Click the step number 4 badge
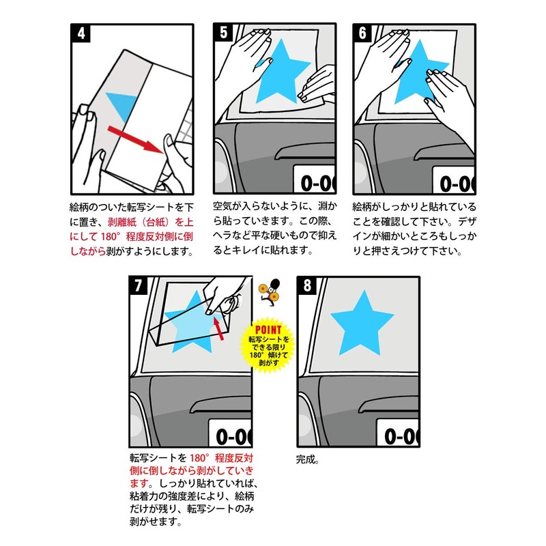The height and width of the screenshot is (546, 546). click(x=81, y=33)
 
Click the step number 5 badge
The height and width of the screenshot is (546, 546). click(x=223, y=33)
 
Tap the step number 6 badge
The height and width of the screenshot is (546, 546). click(x=362, y=33)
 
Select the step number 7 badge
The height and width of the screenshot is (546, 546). click(x=139, y=285)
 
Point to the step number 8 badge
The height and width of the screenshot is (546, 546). click(x=306, y=285)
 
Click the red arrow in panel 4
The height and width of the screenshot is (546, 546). click(x=135, y=139)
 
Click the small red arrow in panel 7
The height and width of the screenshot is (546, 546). click(x=218, y=329)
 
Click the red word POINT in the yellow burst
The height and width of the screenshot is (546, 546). click(x=268, y=330)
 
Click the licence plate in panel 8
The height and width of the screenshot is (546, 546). click(x=398, y=433)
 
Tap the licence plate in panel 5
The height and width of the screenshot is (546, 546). click(x=315, y=179)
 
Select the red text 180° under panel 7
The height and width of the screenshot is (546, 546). click(x=199, y=457)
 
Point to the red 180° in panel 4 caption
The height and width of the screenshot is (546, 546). click(x=110, y=237)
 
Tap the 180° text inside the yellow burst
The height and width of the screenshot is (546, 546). click(x=257, y=355)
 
